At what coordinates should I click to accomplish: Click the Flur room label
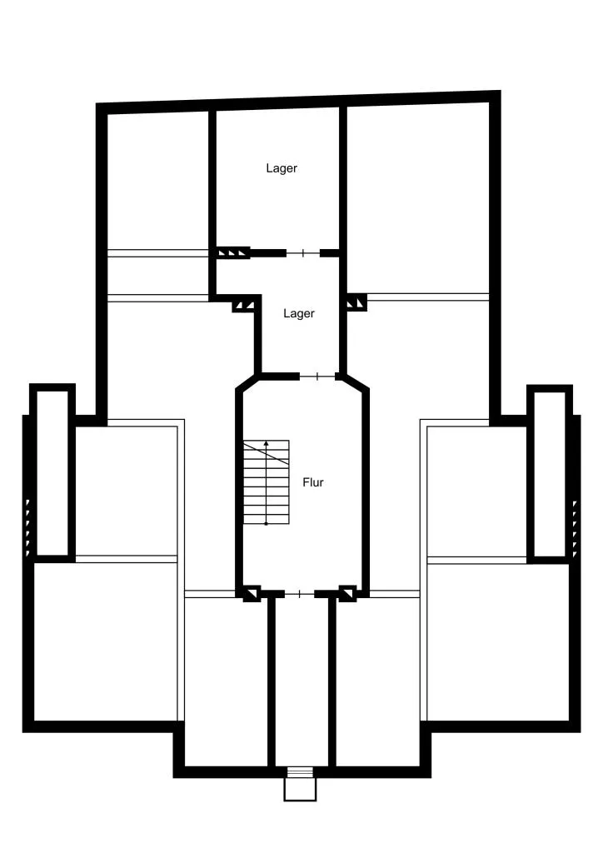(312, 482)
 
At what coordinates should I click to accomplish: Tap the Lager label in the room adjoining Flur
(298, 313)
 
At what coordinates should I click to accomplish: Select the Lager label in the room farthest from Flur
(282, 168)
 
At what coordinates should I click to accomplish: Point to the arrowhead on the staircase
(266, 443)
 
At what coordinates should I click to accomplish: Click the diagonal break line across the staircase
(266, 453)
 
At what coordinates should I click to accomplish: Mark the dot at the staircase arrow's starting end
(266, 523)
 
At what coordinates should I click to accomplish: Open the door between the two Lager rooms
(303, 253)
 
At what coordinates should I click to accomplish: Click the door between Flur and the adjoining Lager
(317, 376)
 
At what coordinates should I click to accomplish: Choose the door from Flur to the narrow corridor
(300, 593)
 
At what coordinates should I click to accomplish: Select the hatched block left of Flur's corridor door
(252, 593)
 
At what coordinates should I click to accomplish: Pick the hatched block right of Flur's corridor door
(347, 593)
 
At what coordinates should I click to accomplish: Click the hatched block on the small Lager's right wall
(356, 302)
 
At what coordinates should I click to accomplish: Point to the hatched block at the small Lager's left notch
(243, 303)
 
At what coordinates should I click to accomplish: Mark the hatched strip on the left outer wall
(27, 527)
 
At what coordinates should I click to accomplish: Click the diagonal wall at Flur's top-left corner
(245, 382)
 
